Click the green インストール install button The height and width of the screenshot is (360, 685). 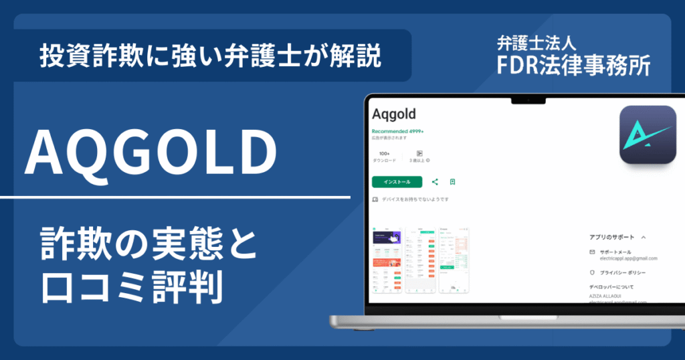397,181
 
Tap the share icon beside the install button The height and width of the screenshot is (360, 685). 435,181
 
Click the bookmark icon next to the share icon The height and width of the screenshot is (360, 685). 453,181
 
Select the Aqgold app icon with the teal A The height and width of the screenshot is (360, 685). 648,135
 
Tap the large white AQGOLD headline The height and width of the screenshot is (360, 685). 151,153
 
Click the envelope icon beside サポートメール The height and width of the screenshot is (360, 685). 592,252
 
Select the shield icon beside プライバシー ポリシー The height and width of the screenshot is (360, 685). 592,273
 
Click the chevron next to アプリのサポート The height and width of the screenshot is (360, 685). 644,237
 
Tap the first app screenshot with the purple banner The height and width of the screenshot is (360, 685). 386,260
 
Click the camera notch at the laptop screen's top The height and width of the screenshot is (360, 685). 526,100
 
